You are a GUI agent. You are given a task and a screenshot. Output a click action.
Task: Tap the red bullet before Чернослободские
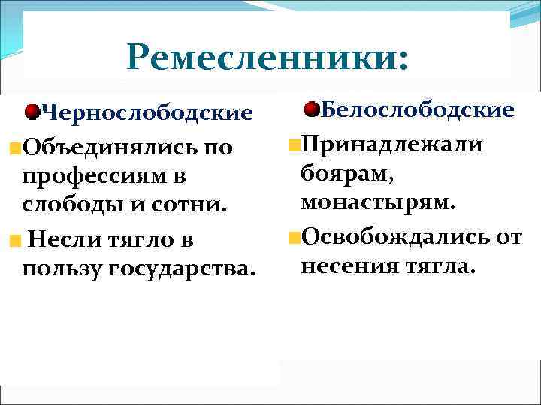coord(32,112)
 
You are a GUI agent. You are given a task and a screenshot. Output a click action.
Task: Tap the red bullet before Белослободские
coord(312,109)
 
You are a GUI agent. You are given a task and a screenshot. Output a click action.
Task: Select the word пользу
coord(63,269)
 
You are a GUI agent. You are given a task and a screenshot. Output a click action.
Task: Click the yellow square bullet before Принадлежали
coord(293,142)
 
